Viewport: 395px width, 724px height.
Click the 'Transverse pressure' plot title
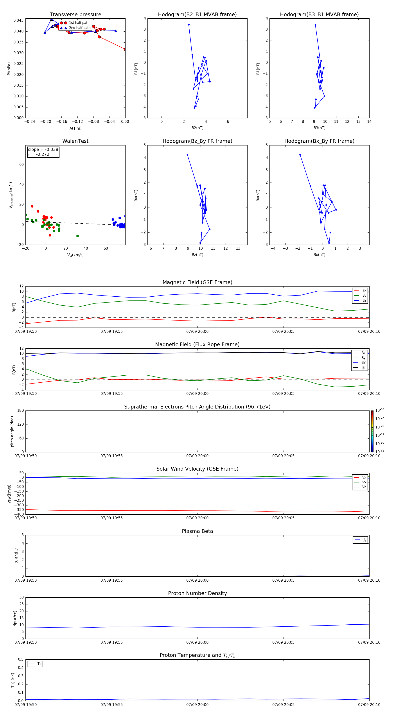75,15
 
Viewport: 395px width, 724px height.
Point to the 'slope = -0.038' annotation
43,150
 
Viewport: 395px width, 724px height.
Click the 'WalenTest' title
75,141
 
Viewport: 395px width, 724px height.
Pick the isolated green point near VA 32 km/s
78,236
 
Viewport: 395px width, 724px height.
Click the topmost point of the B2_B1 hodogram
189,25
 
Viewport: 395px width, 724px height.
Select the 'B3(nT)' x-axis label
319,128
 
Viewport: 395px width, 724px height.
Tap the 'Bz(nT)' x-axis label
197,255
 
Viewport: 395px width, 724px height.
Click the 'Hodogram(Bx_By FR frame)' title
319,141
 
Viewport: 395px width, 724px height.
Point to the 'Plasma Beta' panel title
197,531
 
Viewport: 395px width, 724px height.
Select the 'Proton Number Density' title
197,593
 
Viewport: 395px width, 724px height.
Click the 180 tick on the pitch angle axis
21,411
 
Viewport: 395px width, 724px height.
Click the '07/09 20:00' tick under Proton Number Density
197,642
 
